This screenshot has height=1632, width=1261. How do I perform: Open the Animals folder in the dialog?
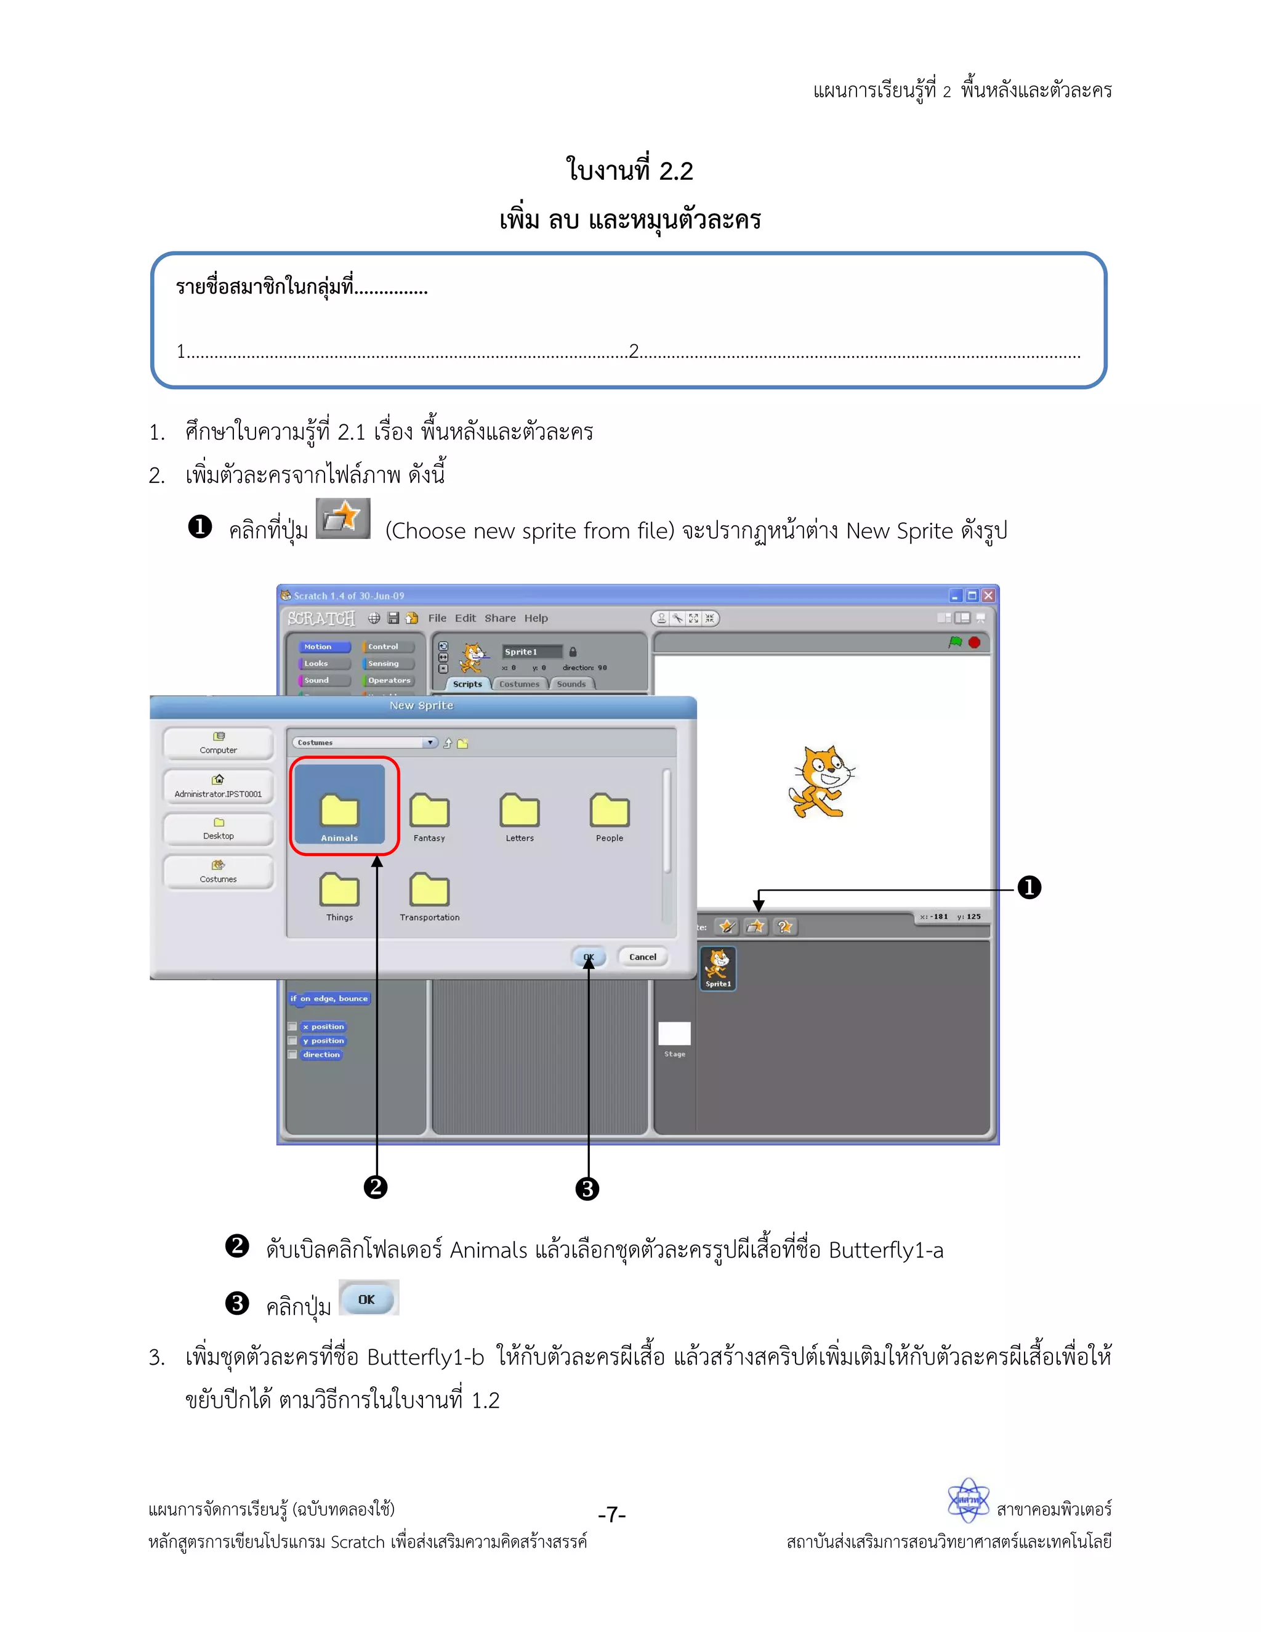tap(339, 812)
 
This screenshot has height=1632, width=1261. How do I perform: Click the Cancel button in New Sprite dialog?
tap(642, 956)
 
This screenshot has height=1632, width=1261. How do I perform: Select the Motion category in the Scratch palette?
tap(324, 647)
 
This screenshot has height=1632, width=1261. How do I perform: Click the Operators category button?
tap(388, 680)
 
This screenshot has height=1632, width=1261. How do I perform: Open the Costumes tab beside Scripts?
tap(519, 684)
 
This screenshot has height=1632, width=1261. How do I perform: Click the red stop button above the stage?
tap(974, 642)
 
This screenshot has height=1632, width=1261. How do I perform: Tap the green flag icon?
tap(955, 642)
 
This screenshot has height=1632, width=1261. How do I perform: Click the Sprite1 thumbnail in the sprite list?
tap(718, 967)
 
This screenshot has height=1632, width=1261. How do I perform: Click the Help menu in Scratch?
tap(536, 618)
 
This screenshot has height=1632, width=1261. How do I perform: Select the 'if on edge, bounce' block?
tap(329, 998)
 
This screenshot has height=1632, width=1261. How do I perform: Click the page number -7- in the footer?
tap(612, 1515)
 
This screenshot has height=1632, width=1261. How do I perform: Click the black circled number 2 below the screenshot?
tap(375, 1187)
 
